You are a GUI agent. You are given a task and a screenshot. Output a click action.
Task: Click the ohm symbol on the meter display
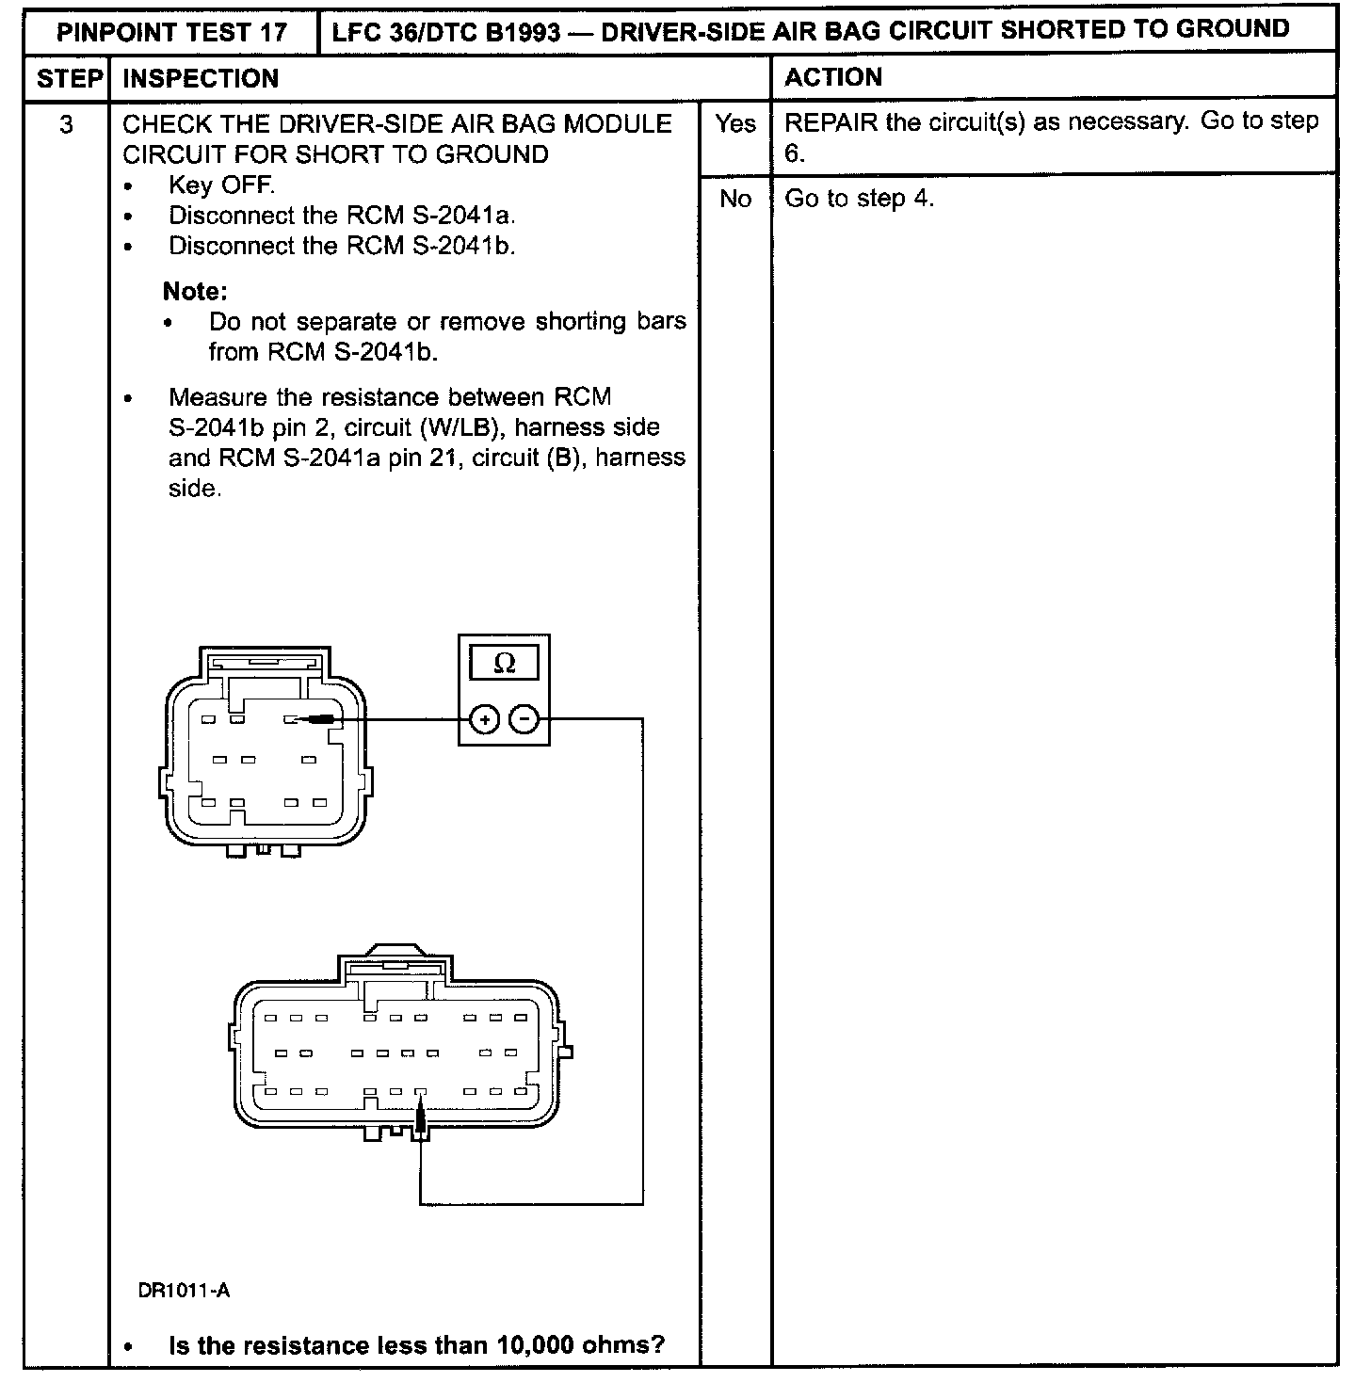504,664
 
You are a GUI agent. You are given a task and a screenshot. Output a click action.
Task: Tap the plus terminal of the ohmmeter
484,721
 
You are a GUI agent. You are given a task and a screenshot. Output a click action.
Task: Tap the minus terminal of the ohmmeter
524,721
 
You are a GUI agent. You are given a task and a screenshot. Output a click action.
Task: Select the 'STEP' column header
68,78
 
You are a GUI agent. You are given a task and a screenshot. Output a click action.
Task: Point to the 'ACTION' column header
833,77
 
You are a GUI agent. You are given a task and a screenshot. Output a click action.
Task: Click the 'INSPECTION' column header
201,78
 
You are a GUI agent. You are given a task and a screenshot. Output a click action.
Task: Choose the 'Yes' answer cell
734,124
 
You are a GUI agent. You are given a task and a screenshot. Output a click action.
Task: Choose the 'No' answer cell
734,199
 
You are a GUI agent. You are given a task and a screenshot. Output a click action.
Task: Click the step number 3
66,124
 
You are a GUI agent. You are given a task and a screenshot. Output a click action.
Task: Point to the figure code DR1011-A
184,1290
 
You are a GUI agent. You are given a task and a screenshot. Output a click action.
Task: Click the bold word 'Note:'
195,291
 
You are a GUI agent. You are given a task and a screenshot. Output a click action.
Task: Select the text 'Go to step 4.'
859,199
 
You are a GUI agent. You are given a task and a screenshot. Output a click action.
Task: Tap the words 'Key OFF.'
221,185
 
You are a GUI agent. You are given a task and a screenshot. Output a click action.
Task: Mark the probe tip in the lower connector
420,1101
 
